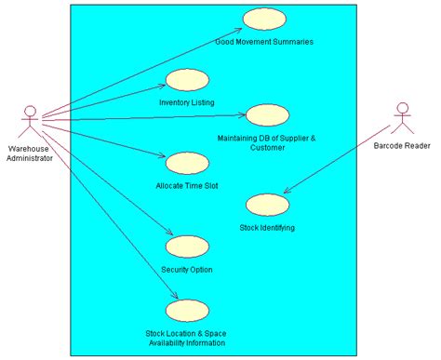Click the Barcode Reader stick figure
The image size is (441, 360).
(402, 117)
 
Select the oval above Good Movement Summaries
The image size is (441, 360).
(263, 20)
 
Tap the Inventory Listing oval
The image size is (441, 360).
(187, 80)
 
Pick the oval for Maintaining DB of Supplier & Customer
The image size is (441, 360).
(267, 114)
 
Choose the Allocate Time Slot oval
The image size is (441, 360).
(186, 163)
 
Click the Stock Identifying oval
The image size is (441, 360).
(266, 205)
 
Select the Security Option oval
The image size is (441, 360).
(186, 247)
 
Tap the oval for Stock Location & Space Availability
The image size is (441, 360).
(186, 310)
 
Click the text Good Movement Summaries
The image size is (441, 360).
(264, 42)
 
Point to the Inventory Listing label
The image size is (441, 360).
(187, 101)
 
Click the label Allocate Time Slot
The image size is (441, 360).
(187, 185)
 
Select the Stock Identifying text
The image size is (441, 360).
(267, 227)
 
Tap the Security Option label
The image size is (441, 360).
(187, 270)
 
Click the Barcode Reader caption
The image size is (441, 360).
(402, 145)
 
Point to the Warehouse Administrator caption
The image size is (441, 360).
(30, 153)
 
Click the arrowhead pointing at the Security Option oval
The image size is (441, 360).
(172, 236)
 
